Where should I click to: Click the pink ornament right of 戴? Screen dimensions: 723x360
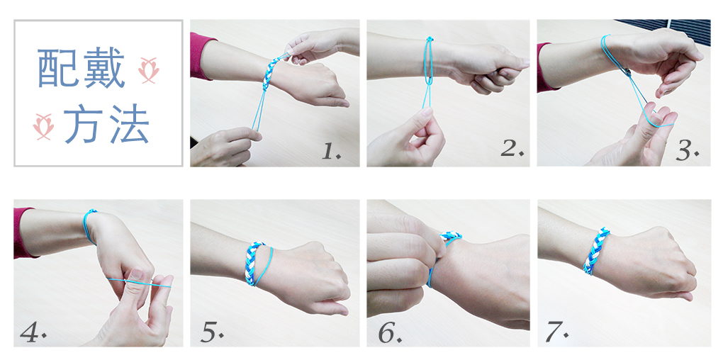coord(148,71)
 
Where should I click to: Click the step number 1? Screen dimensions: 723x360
coord(331,150)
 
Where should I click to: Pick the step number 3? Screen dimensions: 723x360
coord(687,150)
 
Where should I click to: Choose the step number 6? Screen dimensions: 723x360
coord(391,333)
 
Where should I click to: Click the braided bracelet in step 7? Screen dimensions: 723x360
coord(597,251)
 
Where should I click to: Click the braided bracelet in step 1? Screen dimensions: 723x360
coord(271,73)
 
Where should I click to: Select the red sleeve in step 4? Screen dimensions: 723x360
coord(23,232)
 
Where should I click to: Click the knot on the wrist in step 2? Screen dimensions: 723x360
coord(430,40)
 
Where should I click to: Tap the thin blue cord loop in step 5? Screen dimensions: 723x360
coord(264,267)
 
